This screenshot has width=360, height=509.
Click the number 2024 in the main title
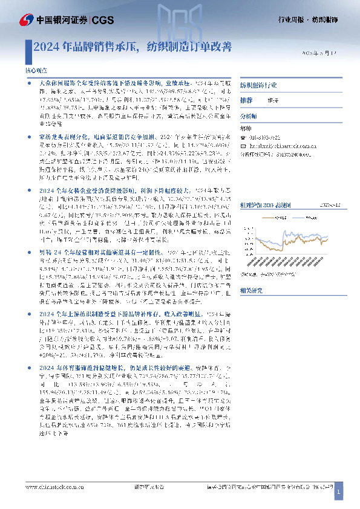[46, 45]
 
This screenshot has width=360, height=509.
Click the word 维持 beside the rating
[274, 100]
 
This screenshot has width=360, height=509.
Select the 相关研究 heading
[252, 291]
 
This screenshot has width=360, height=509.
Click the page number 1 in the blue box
[338, 494]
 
